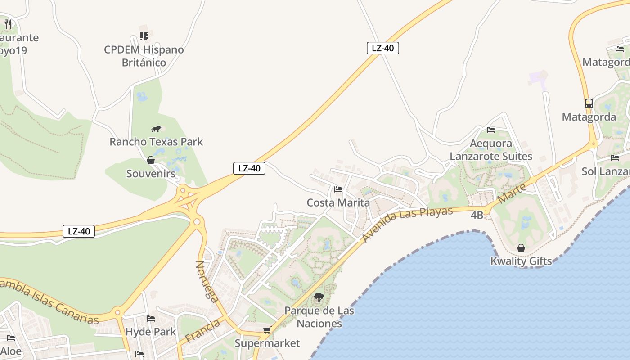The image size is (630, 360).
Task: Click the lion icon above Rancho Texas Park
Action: click(x=156, y=129)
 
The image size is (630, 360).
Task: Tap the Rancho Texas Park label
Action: click(x=156, y=142)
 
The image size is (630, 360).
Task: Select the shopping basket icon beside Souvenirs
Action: click(x=151, y=160)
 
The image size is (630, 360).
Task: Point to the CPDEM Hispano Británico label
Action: click(x=144, y=56)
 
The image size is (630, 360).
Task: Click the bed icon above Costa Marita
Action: click(x=338, y=189)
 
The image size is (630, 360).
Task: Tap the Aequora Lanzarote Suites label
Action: click(x=491, y=150)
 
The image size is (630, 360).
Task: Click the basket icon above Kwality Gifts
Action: click(x=521, y=248)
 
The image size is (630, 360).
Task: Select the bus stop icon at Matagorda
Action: click(x=589, y=103)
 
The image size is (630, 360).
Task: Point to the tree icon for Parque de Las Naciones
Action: click(x=319, y=297)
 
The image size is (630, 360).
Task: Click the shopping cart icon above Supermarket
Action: click(x=267, y=330)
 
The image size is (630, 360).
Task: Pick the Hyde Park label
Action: click(x=151, y=332)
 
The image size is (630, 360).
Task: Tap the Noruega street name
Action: click(x=207, y=281)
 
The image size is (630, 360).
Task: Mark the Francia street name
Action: click(x=202, y=330)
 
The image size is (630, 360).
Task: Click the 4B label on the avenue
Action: click(x=477, y=215)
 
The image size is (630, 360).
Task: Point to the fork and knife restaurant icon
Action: click(x=8, y=24)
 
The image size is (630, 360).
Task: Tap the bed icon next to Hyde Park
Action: click(x=151, y=319)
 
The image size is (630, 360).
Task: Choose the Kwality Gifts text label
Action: click(x=521, y=261)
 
